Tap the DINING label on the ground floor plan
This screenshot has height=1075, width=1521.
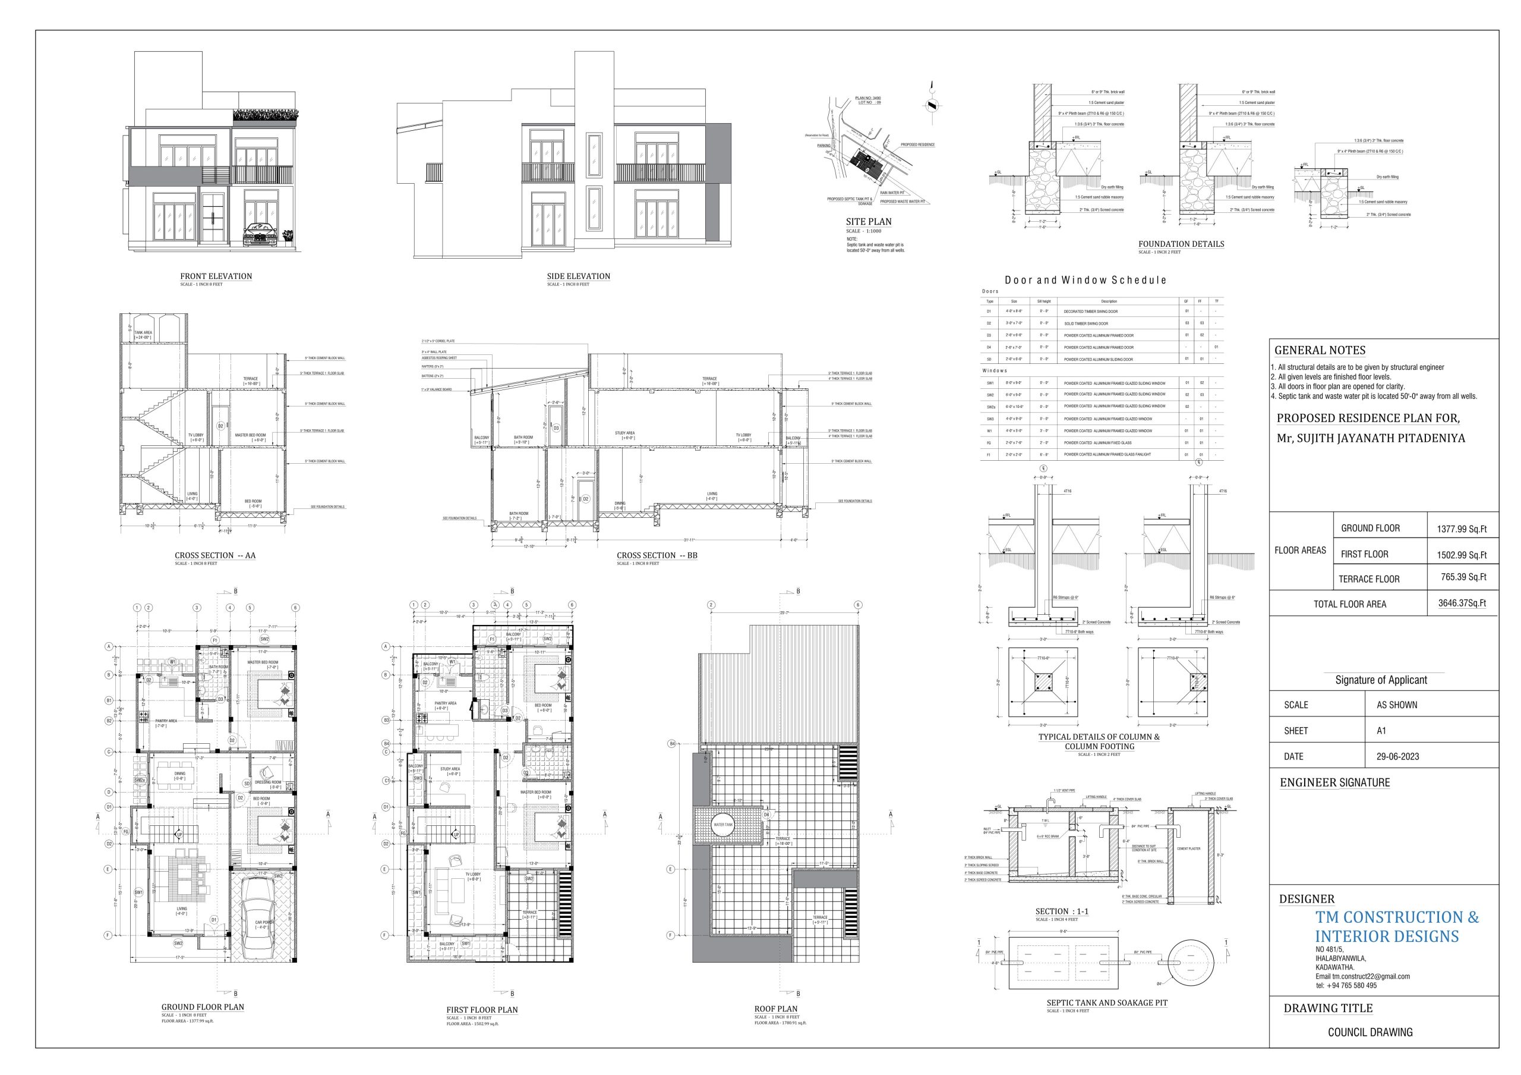click(x=179, y=774)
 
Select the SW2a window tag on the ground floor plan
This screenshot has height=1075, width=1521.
click(x=139, y=781)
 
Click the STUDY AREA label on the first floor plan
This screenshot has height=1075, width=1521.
click(x=450, y=769)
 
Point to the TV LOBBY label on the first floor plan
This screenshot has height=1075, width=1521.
click(x=472, y=875)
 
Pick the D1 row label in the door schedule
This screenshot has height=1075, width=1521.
click(x=989, y=311)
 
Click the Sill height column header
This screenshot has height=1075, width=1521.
click(x=1044, y=301)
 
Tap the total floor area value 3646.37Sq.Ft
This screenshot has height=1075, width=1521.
click(x=1463, y=603)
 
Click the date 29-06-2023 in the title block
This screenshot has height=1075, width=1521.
click(x=1398, y=756)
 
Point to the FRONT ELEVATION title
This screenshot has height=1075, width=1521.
click(x=216, y=276)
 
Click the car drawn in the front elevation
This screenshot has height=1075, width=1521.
click(x=260, y=235)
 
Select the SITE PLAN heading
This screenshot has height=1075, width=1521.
click(x=869, y=222)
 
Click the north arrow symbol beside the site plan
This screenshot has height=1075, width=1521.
click(x=932, y=105)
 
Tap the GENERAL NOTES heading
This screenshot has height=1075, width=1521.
click(x=1310, y=351)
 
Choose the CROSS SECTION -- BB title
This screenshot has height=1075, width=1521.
click(x=657, y=555)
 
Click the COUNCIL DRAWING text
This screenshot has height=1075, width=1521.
click(x=1370, y=1032)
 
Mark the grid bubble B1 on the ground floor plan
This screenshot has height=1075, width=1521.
click(x=108, y=700)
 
